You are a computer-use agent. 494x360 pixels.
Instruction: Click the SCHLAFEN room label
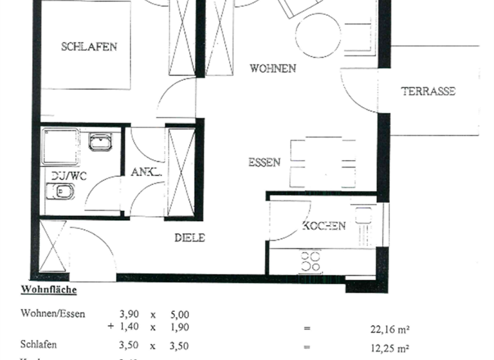coord(89,46)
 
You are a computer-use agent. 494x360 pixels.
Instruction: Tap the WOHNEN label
coord(273,68)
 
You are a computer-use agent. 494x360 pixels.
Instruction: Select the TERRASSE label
coord(428,91)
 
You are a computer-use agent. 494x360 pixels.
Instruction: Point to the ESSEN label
coord(264,163)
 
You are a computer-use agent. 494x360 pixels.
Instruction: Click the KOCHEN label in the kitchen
coord(324,226)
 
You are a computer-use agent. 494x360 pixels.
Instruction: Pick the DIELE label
coord(190,238)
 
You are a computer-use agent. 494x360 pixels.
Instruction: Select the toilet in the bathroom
coord(61,192)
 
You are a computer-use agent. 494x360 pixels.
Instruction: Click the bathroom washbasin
coord(100,141)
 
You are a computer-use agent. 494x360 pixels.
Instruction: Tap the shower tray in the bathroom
coord(60,146)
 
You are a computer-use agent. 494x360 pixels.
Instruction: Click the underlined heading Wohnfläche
coord(49,290)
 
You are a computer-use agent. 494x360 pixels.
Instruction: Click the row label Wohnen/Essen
coord(53,314)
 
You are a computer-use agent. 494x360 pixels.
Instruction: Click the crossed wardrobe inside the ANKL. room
coord(181,172)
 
